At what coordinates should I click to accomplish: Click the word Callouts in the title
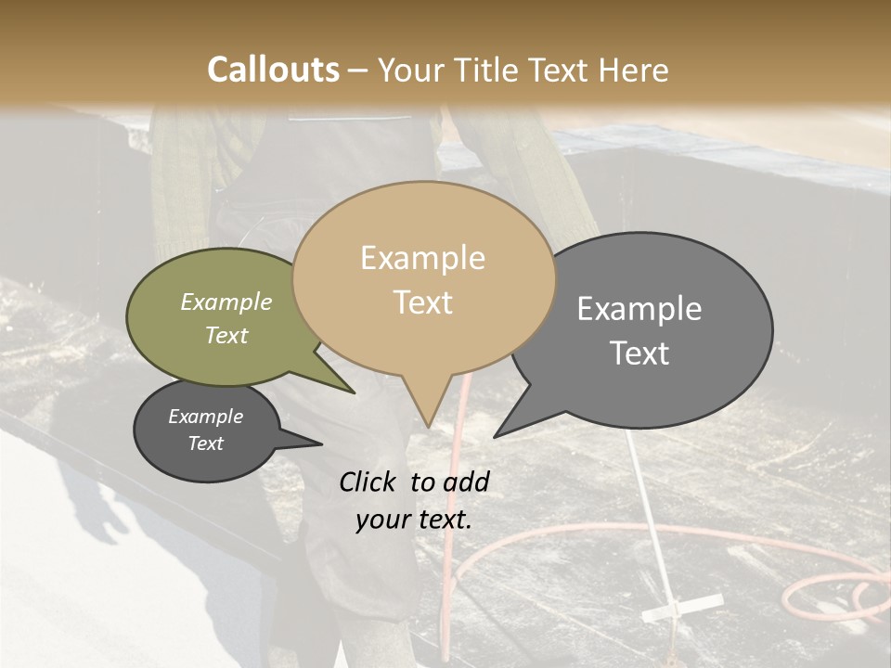point(273,70)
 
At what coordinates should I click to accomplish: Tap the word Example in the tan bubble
point(422,258)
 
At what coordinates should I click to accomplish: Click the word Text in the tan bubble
point(422,302)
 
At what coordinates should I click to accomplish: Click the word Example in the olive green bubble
point(226,302)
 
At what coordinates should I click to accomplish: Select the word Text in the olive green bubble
point(226,335)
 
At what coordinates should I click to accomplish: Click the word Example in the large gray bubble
point(639,309)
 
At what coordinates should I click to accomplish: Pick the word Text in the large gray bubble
point(639,353)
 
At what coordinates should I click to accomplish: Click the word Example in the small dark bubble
point(205,417)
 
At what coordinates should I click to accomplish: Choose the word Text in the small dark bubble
point(205,443)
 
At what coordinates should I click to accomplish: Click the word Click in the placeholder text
point(368,482)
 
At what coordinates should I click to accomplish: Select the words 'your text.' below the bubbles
point(414,520)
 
